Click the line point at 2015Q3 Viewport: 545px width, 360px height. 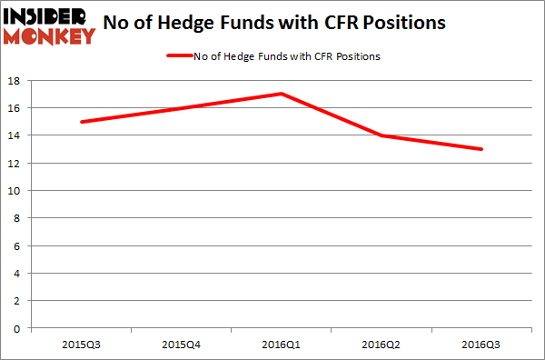(x=82, y=122)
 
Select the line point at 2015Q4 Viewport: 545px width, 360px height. (x=182, y=108)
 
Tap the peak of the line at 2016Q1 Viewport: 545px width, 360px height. (x=282, y=94)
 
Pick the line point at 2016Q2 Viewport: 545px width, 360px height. (x=381, y=135)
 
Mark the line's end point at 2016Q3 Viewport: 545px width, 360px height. (x=481, y=149)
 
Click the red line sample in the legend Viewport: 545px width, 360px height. (x=179, y=56)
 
